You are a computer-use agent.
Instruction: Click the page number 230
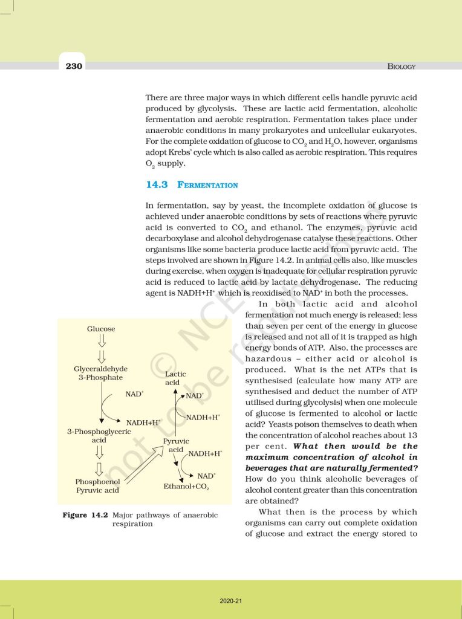point(74,66)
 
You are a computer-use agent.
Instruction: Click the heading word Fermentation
point(207,185)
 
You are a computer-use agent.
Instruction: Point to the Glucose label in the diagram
point(101,329)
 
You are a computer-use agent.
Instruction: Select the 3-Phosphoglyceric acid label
point(99,436)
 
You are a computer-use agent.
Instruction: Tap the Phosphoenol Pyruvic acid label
point(97,486)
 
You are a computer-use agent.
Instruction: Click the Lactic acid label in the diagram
point(175,378)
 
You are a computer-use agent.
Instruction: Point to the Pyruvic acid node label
point(176,446)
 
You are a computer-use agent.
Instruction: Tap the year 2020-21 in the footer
point(230,601)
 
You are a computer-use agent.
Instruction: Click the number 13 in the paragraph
point(411,435)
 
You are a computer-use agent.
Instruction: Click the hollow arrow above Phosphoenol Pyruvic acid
point(100,467)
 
